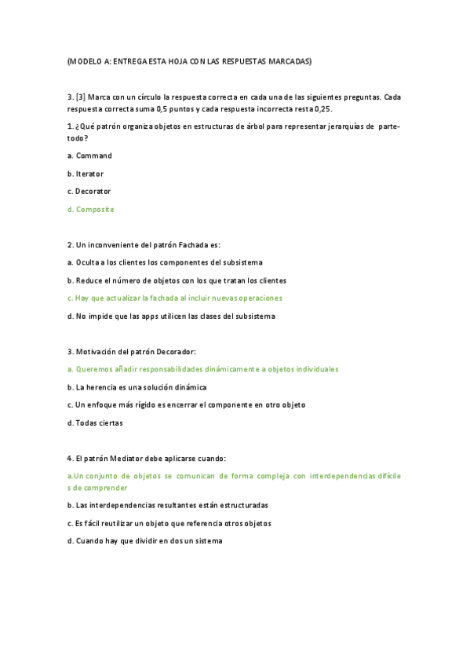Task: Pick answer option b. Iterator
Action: pos(86,174)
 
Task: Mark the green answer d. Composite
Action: pos(91,209)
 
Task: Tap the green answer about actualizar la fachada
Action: pos(175,298)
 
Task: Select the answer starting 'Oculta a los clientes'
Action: pos(165,262)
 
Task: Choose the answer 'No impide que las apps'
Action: pos(171,316)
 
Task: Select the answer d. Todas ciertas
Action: pos(95,423)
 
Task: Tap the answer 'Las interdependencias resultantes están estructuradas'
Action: pos(167,505)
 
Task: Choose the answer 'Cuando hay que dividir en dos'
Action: pos(145,540)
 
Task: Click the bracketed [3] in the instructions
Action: pos(81,97)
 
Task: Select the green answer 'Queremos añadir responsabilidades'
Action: pos(203,369)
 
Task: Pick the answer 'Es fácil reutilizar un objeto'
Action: pos(169,523)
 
